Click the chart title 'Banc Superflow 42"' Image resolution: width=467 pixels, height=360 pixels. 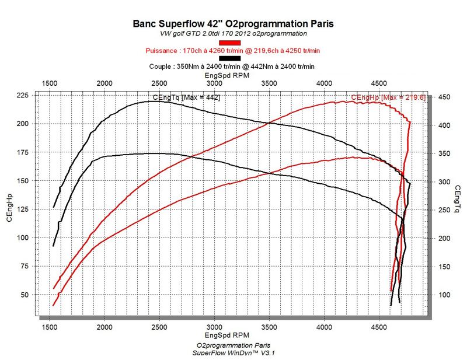click(x=233, y=24)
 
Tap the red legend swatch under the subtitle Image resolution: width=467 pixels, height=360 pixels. click(x=229, y=43)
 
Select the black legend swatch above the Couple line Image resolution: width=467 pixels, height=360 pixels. click(x=229, y=58)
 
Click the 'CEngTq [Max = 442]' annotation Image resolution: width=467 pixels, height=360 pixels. click(x=186, y=97)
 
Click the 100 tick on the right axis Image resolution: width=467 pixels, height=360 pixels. click(x=444, y=295)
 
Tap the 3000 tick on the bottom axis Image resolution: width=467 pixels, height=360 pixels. click(x=214, y=327)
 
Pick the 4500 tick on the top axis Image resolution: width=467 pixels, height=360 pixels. click(x=379, y=84)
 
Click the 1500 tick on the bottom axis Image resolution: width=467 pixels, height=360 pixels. click(x=49, y=327)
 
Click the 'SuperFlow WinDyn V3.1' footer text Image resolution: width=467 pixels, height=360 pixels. click(x=233, y=353)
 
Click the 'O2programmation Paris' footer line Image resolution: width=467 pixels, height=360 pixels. click(x=233, y=345)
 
